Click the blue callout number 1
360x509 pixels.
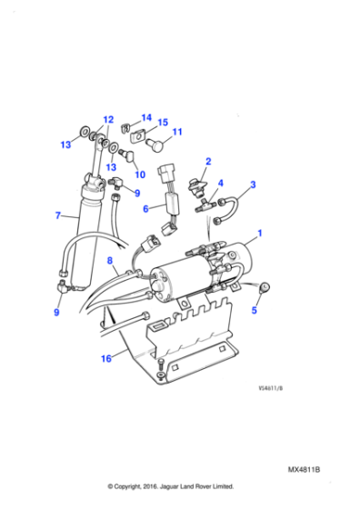click(259, 233)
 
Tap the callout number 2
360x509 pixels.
click(208, 162)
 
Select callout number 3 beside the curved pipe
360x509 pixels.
click(253, 185)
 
